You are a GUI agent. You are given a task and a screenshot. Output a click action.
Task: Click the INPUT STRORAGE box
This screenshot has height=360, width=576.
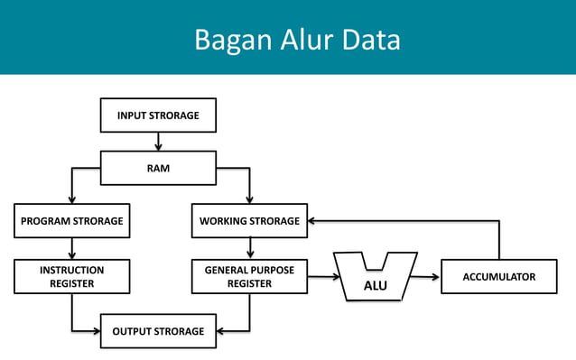tap(158, 115)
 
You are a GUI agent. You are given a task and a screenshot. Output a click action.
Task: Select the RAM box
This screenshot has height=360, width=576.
tap(158, 168)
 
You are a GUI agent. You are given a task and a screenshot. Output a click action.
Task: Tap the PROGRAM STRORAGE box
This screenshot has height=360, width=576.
tap(71, 221)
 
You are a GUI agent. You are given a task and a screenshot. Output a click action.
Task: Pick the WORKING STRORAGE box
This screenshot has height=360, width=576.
tap(250, 221)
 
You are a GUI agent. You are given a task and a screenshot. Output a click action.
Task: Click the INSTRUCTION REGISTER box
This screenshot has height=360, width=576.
tap(71, 276)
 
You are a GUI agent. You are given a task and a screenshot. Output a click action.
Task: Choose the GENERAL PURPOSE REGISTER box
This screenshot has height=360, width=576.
tap(250, 276)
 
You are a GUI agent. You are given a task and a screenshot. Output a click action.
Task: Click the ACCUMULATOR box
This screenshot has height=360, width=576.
tap(499, 276)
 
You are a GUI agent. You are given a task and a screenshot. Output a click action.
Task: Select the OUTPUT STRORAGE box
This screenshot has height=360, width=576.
tap(158, 331)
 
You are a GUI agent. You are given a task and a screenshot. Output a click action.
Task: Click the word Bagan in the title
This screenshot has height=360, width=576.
tap(228, 41)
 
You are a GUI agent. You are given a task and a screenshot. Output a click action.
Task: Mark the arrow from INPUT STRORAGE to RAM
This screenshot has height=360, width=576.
tap(158, 142)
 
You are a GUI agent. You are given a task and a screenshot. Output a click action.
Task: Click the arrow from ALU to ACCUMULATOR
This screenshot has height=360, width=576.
tap(426, 277)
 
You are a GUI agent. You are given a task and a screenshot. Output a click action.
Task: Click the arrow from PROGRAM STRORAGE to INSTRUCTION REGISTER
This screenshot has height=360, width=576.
tap(71, 248)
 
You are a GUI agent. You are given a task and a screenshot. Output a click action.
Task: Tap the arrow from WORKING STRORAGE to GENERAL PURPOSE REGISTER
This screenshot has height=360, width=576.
tap(250, 248)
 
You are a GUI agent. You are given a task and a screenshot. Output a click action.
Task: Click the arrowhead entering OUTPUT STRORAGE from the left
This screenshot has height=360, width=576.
tap(95, 331)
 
